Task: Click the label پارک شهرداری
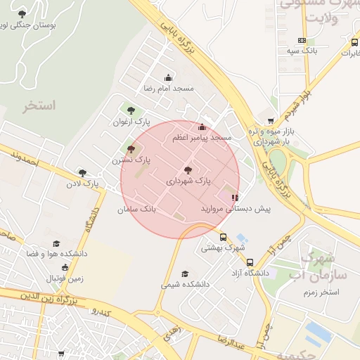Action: pyautogui.click(x=188, y=181)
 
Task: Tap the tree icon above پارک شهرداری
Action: pyautogui.click(x=187, y=170)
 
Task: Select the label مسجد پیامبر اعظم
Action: pyautogui.click(x=202, y=138)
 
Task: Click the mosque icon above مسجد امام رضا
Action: pyautogui.click(x=168, y=78)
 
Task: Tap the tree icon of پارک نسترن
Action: pyautogui.click(x=131, y=149)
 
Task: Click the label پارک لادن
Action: pyautogui.click(x=83, y=184)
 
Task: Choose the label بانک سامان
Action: pyautogui.click(x=136, y=209)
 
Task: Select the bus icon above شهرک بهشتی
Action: pyautogui.click(x=224, y=237)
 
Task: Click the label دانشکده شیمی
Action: pyautogui.click(x=185, y=285)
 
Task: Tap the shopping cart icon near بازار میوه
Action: pyautogui.click(x=271, y=120)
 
